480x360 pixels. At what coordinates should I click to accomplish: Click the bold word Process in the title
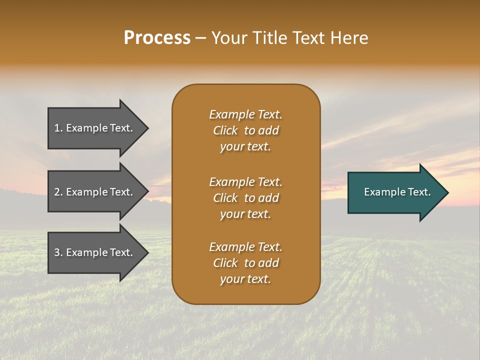tap(157, 38)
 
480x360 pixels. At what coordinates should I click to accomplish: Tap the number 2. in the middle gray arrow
tap(58, 192)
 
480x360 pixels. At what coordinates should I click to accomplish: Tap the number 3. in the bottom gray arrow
tap(58, 252)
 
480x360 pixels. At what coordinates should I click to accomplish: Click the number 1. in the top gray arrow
tap(58, 128)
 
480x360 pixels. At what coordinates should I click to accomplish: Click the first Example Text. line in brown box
tap(245, 114)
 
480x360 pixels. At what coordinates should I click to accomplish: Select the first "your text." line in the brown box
tap(245, 146)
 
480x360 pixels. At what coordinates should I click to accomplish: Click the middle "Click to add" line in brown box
tap(245, 198)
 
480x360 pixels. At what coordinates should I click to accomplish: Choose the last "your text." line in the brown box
tap(245, 279)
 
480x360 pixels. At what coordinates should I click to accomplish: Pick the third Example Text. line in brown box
tap(245, 247)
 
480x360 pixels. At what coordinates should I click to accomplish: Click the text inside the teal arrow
tap(397, 192)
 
